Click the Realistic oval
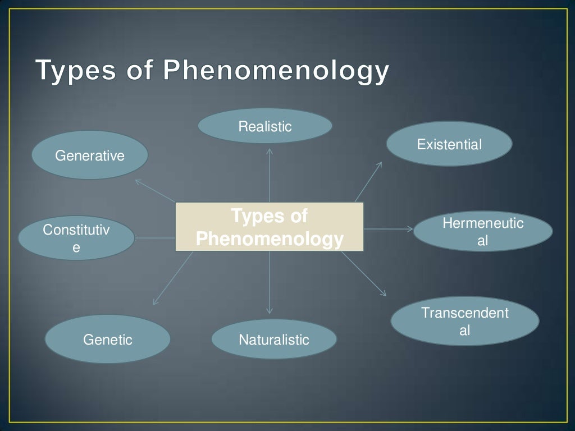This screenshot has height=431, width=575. (x=265, y=126)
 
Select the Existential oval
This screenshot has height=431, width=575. (x=449, y=144)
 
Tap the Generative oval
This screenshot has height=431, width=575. (x=90, y=155)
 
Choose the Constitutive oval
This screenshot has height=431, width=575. (x=76, y=238)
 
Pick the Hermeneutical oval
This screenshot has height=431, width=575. (x=483, y=232)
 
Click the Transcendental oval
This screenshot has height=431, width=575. (x=464, y=321)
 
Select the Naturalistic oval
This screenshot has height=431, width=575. (x=274, y=339)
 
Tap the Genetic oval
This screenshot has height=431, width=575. (x=107, y=339)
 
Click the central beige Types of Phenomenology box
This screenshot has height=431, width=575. (x=270, y=227)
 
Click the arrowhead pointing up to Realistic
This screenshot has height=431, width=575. (x=270, y=150)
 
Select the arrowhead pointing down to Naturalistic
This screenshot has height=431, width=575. (x=270, y=310)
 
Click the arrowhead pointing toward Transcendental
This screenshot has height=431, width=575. (x=384, y=293)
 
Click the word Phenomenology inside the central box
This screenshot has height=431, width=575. (x=270, y=240)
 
